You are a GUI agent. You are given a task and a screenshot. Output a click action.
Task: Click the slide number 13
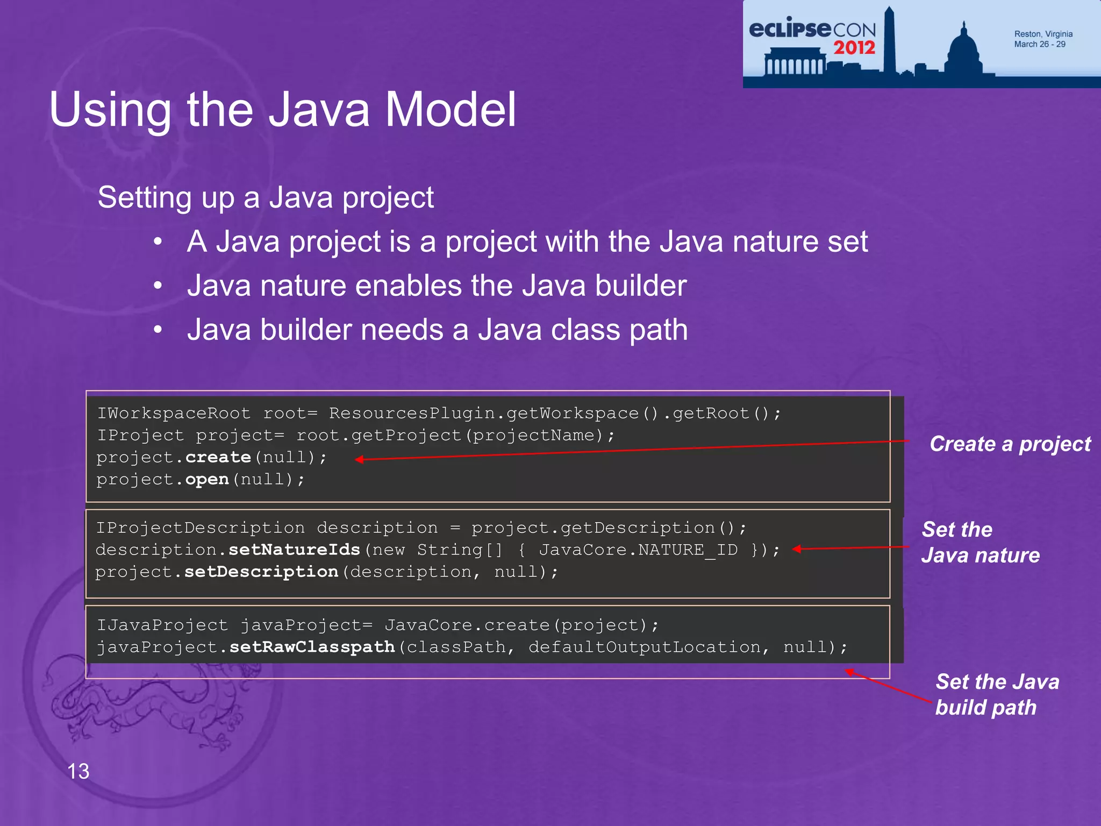78,771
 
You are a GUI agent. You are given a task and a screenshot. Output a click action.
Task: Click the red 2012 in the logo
854,48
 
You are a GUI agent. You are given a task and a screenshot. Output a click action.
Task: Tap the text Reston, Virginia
1043,34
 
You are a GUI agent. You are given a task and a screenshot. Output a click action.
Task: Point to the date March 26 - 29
1040,44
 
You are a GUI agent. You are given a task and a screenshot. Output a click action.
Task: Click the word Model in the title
451,109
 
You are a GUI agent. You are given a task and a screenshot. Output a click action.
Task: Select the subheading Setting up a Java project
266,197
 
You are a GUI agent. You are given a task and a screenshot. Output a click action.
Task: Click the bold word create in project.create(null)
218,457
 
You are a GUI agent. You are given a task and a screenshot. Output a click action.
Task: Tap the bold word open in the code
207,479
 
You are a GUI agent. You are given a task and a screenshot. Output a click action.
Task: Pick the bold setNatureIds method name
294,550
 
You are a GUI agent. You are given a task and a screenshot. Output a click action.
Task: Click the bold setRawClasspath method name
312,647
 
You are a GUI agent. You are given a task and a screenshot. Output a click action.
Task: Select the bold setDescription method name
261,572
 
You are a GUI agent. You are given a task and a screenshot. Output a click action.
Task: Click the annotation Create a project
1010,444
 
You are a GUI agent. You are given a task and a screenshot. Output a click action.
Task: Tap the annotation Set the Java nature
980,542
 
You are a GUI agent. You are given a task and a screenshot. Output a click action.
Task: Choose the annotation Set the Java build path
997,694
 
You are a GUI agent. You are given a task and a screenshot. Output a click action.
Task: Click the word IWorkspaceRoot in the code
174,414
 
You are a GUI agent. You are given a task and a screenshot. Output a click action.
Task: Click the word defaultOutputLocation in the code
645,647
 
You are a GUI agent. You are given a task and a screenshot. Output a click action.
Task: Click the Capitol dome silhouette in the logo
964,51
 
